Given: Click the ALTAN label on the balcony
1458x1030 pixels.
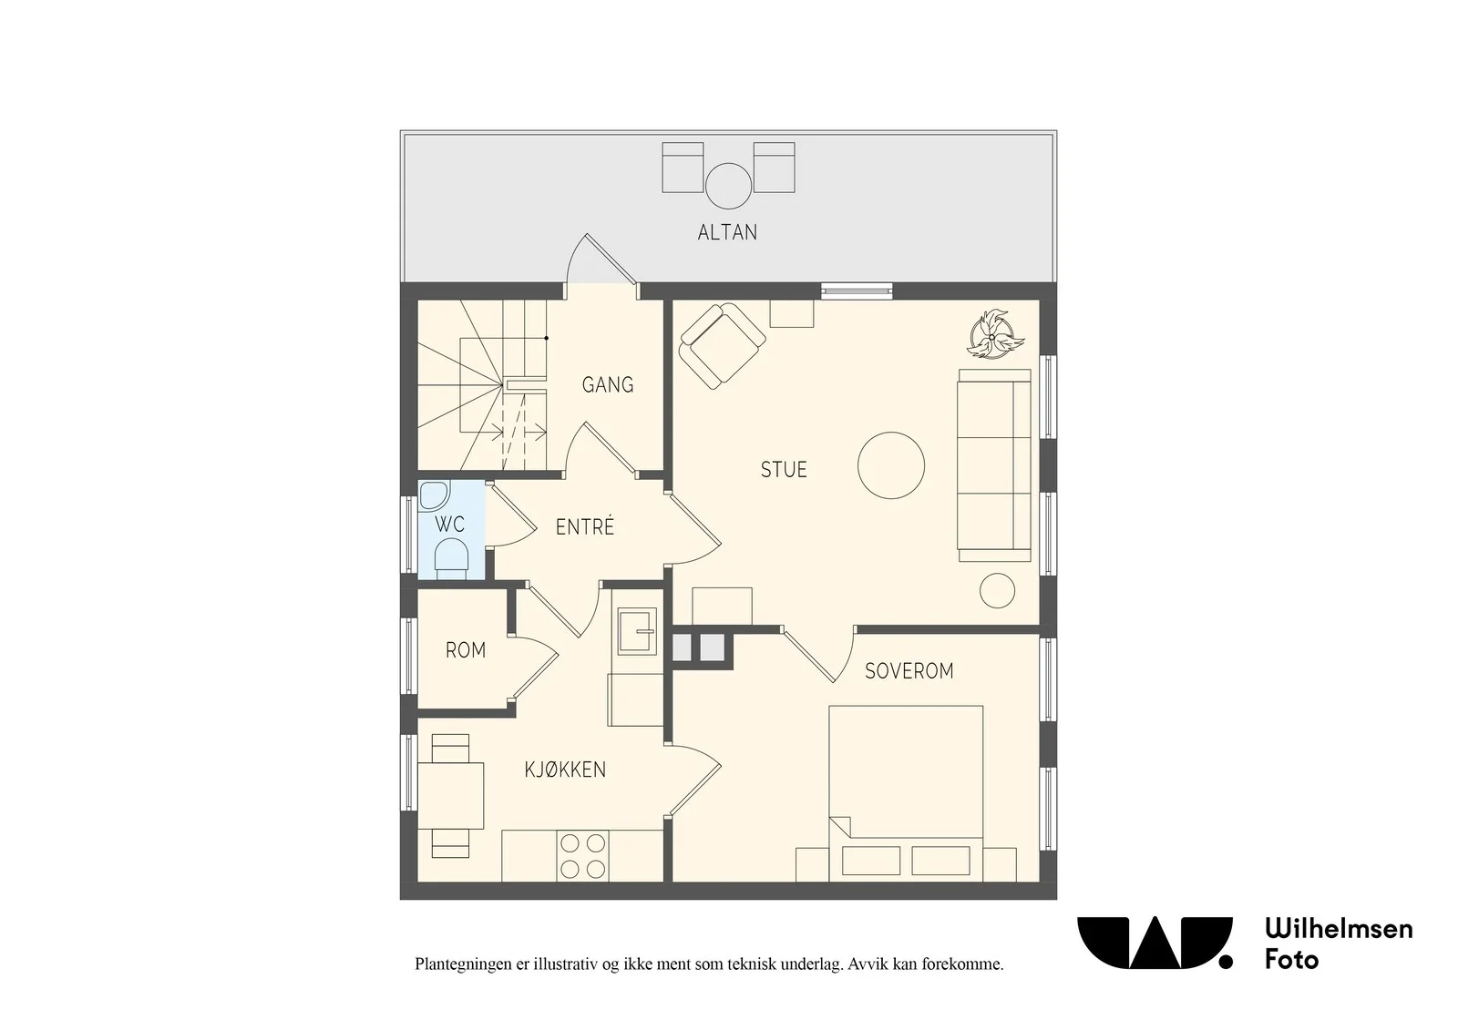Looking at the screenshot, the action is (727, 232).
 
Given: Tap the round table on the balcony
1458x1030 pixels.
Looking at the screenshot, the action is (728, 186).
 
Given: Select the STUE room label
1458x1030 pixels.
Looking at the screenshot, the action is (784, 469).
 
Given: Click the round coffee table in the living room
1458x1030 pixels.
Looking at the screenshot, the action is (891, 465).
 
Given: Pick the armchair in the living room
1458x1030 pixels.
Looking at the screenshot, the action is (722, 346).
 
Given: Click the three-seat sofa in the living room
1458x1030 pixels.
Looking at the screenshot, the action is (994, 465).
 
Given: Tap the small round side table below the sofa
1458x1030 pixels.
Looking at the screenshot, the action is (997, 590).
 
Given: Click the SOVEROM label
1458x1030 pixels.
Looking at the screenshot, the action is (909, 671).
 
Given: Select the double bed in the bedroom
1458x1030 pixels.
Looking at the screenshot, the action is (906, 793).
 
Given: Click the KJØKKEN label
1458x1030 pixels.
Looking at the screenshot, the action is (565, 770).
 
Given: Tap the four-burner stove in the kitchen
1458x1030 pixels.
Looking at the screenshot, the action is (582, 856).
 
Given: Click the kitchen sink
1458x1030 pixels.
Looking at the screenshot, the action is (637, 630).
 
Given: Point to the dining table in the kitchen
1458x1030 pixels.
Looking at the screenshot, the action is (450, 796).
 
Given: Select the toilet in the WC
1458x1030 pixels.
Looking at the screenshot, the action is (451, 558).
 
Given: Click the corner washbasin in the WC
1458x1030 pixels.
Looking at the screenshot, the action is (434, 495).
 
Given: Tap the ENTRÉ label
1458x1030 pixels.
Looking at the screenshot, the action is (584, 526).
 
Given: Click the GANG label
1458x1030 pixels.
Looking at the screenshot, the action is (607, 384).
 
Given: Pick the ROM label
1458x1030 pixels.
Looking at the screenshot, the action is (466, 650).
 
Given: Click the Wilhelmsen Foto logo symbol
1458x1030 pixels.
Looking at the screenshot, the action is (1155, 943).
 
